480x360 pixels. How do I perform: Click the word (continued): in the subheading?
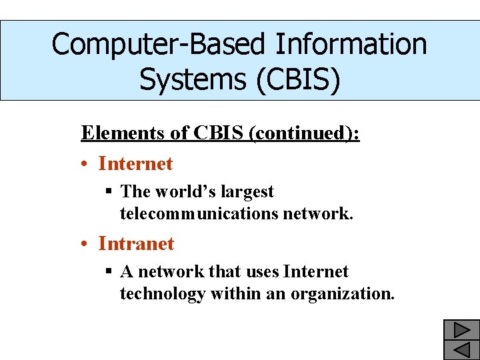303,133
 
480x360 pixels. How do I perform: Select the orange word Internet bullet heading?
135,163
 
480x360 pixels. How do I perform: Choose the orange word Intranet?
136,243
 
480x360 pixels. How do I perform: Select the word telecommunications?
199,213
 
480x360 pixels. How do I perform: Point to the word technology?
163,293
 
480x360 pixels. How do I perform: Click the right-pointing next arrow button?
462,329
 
